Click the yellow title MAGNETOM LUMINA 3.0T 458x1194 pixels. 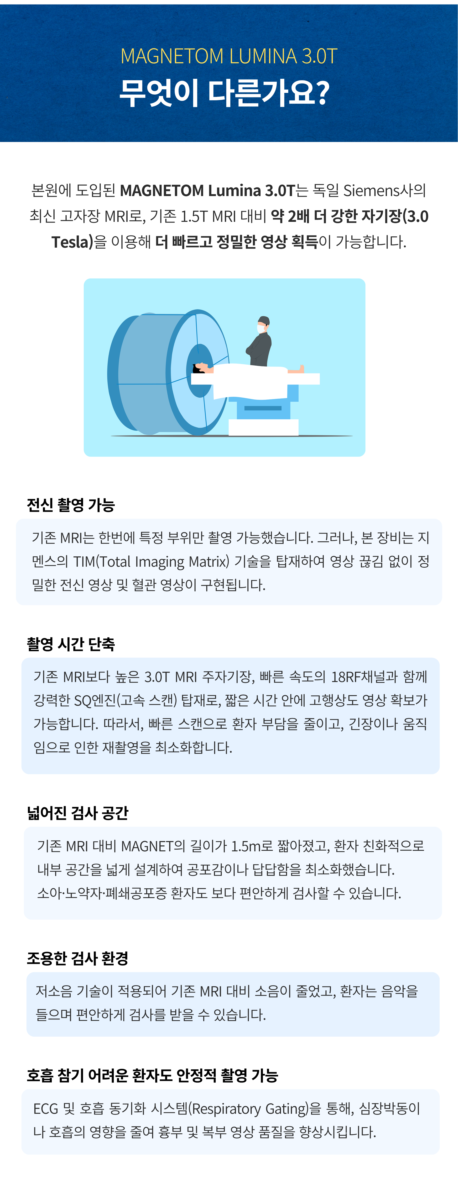[229, 56]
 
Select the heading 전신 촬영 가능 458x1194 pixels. [70, 505]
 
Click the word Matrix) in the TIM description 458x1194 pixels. [209, 561]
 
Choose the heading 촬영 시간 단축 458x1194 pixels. [70, 644]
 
